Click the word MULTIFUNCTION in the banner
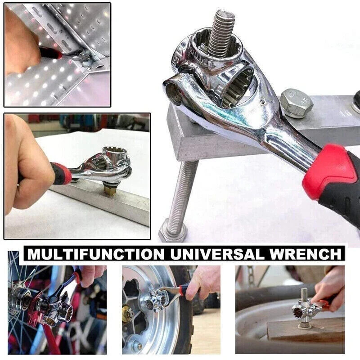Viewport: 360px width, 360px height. coord(95,254)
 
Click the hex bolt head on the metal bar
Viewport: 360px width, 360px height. coord(296,103)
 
